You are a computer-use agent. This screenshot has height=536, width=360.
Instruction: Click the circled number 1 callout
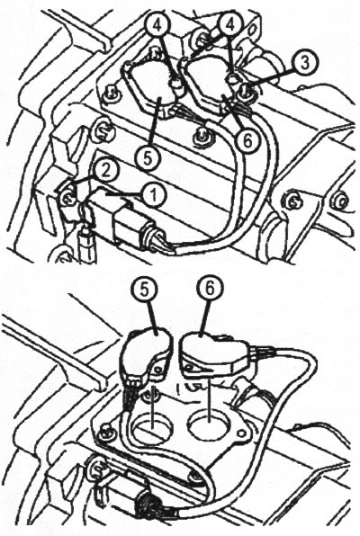click(x=154, y=195)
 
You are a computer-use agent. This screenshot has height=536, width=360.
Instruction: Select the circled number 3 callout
click(x=304, y=63)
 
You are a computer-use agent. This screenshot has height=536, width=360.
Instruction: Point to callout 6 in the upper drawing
click(x=247, y=139)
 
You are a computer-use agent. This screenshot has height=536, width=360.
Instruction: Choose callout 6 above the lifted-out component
click(x=210, y=289)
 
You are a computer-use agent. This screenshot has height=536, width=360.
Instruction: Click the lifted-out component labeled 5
click(x=146, y=355)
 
